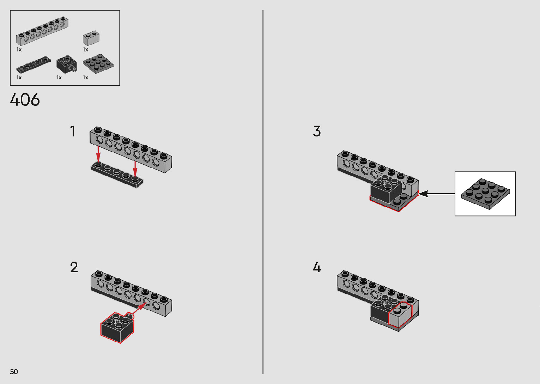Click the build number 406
click(25, 100)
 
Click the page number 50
click(14, 372)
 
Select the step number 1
click(73, 132)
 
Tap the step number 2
click(74, 267)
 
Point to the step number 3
click(317, 132)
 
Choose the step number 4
click(317, 267)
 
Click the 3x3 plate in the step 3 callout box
click(485, 194)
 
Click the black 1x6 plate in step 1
click(117, 175)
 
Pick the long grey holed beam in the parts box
click(42, 32)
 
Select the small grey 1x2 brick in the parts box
click(91, 38)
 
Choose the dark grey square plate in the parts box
click(98, 64)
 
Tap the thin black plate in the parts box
click(33, 65)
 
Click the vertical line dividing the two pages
click(263, 192)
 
